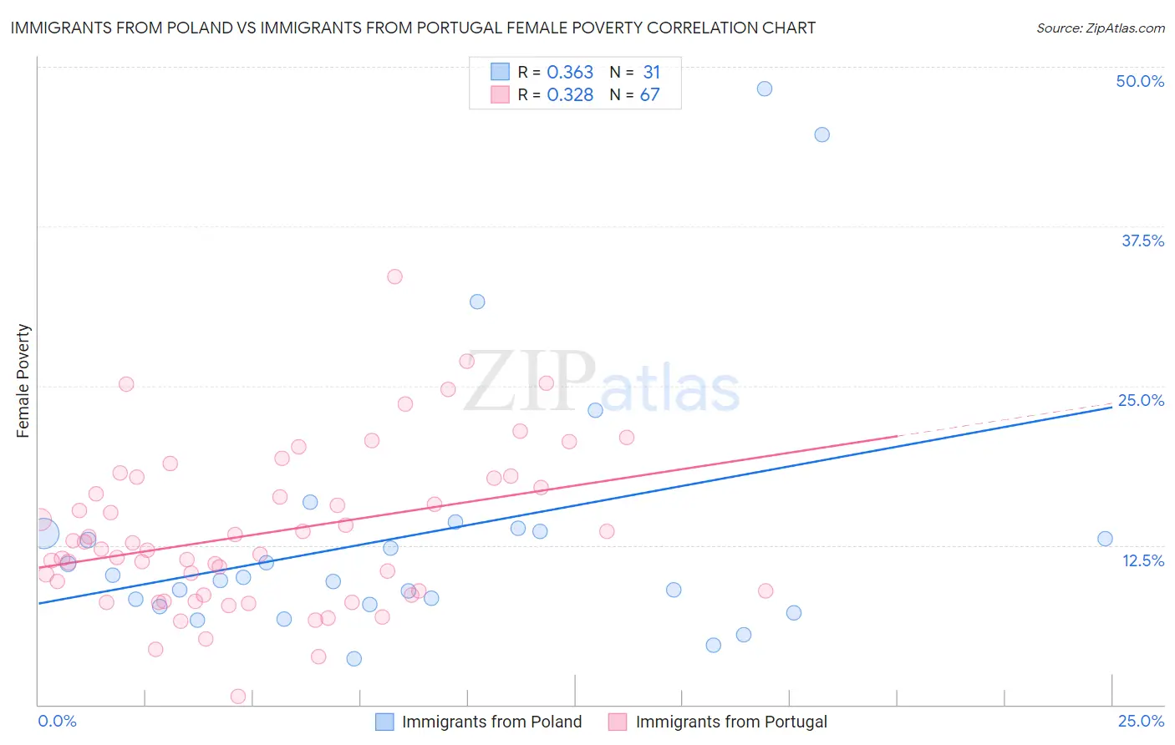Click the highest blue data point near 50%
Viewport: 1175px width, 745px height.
coord(764,89)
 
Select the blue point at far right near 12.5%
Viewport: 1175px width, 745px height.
coord(1105,539)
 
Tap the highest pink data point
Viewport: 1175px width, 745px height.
coord(394,276)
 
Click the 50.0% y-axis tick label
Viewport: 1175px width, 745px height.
coord(1140,81)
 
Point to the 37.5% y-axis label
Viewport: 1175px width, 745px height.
coord(1142,241)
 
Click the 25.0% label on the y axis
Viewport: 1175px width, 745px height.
coord(1141,400)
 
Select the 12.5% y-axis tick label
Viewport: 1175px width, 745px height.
coord(1142,560)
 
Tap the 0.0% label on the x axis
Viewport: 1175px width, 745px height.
coord(57,721)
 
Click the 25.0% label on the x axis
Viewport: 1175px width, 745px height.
coord(1141,721)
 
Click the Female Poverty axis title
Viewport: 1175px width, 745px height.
coord(23,381)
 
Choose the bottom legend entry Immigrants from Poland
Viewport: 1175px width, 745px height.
coord(491,722)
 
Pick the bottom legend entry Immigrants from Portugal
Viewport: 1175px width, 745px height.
coord(731,722)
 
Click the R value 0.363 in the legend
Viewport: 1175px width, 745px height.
coord(570,73)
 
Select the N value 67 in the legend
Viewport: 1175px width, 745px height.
coord(649,95)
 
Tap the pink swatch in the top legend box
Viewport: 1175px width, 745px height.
coord(500,94)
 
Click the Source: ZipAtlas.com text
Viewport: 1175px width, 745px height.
coord(1100,28)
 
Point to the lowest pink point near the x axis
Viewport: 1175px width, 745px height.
coord(238,697)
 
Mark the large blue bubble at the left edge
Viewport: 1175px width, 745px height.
coord(43,533)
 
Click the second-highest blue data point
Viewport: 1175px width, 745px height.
coord(821,134)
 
